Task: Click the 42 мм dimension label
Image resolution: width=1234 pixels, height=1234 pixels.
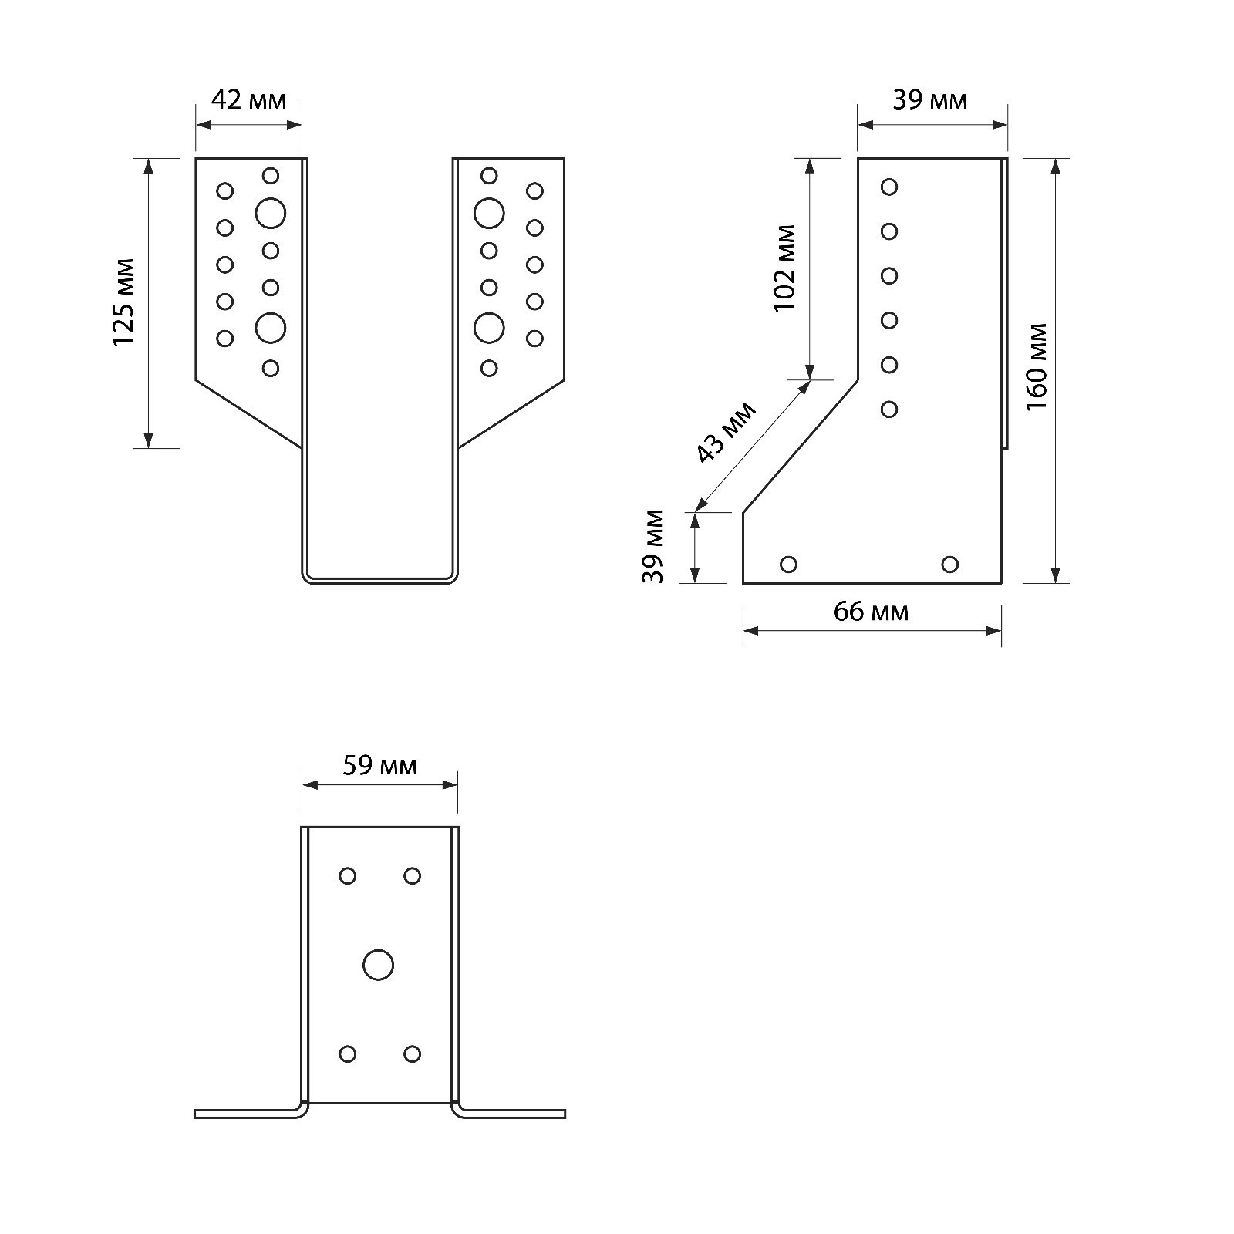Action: click(248, 100)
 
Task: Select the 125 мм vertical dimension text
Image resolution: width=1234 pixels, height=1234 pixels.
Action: click(123, 302)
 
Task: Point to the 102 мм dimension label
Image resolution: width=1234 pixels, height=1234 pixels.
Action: click(784, 268)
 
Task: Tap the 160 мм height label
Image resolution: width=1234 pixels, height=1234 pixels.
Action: click(1037, 366)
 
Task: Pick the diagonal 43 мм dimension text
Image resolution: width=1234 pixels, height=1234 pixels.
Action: click(726, 433)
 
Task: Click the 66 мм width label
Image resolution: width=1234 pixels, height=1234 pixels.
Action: click(871, 612)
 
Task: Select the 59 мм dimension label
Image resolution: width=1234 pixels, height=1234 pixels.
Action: click(379, 766)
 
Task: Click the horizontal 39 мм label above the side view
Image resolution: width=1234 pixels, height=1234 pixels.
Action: click(929, 100)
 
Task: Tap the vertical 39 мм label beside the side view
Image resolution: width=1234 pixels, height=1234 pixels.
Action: click(653, 546)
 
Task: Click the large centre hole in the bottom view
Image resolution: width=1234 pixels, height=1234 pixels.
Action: click(378, 965)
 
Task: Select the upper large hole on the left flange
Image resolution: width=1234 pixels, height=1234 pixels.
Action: click(271, 213)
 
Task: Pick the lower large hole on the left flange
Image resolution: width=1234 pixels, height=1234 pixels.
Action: click(271, 328)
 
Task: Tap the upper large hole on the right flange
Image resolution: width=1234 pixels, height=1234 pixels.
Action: click(489, 213)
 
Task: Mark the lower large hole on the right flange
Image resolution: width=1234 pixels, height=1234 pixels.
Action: click(489, 328)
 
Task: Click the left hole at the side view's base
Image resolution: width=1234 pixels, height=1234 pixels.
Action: click(788, 565)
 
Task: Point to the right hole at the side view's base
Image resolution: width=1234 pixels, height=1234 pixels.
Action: click(950, 565)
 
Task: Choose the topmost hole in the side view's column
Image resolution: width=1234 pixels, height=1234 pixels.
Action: click(889, 187)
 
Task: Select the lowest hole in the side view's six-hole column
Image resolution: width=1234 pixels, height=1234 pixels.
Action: click(889, 409)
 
